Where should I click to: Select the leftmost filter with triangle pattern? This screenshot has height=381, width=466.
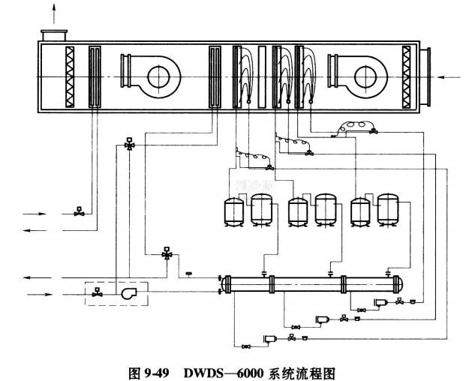click(x=70, y=76)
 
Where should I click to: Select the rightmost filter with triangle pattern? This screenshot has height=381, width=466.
click(x=407, y=76)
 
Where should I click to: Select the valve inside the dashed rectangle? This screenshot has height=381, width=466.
click(x=97, y=293)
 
